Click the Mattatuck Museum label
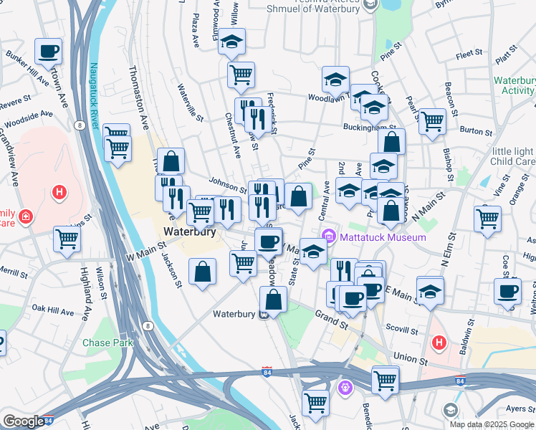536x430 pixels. (x=382, y=237)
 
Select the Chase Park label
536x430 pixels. (x=107, y=343)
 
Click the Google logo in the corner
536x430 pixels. (x=24, y=421)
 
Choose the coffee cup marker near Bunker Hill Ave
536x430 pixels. (x=49, y=52)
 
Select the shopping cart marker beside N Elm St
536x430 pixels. (x=488, y=218)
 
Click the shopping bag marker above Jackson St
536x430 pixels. (x=203, y=272)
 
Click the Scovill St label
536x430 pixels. (x=403, y=331)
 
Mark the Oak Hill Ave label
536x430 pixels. (x=49, y=309)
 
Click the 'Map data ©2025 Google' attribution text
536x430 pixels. (x=492, y=424)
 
